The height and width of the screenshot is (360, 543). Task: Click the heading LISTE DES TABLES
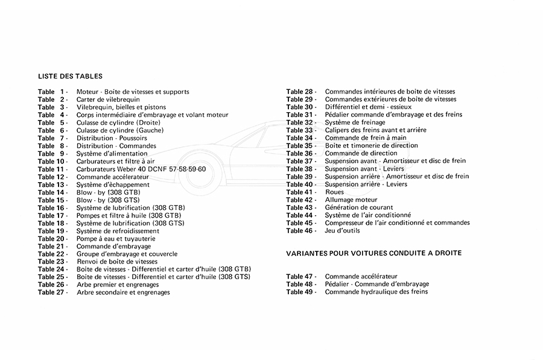(x=70, y=77)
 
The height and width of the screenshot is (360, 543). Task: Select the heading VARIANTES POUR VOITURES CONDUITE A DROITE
(x=373, y=253)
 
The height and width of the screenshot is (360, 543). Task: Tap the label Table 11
(x=52, y=169)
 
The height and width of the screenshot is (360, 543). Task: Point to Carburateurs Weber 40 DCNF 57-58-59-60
(x=141, y=169)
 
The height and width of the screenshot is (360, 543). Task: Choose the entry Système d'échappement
(x=113, y=185)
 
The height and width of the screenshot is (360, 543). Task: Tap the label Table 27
(x=52, y=292)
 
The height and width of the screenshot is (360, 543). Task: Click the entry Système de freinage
(x=355, y=122)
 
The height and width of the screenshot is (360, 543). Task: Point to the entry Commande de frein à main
(x=366, y=137)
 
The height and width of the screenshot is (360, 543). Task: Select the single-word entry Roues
(x=334, y=192)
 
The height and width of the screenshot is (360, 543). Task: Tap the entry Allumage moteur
(x=351, y=200)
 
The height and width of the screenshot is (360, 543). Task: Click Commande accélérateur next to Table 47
(x=361, y=276)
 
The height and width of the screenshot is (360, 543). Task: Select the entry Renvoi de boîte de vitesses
(x=116, y=262)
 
